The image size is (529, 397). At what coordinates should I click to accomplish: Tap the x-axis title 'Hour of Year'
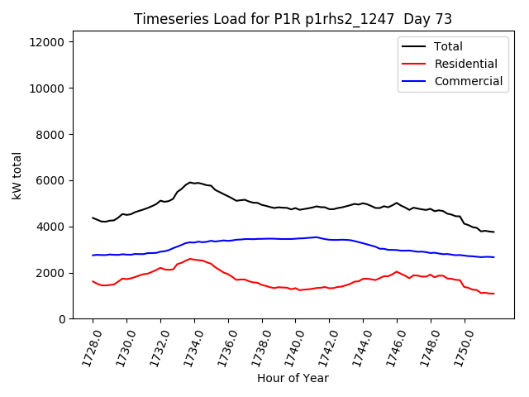click(293, 378)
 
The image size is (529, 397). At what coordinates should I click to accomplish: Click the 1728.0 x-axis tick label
click(85, 348)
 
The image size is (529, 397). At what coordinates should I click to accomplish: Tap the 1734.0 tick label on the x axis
click(187, 348)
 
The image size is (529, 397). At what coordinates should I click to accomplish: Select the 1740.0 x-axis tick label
click(288, 348)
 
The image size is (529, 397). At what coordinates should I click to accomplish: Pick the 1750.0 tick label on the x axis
click(457, 348)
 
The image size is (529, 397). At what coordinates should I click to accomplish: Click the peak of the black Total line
click(190, 182)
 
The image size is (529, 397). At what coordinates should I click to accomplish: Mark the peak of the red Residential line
click(190, 259)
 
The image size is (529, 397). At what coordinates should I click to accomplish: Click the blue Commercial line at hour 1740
click(295, 238)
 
